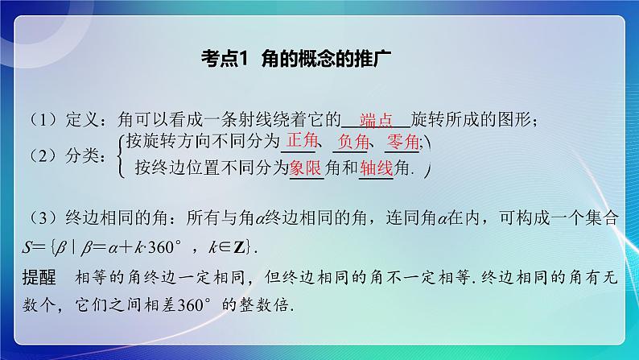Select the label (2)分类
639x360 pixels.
[59, 155]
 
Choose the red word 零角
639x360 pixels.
[402, 143]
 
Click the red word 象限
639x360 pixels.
[306, 168]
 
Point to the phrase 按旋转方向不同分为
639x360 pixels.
[206, 143]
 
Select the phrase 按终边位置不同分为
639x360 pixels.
[212, 168]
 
